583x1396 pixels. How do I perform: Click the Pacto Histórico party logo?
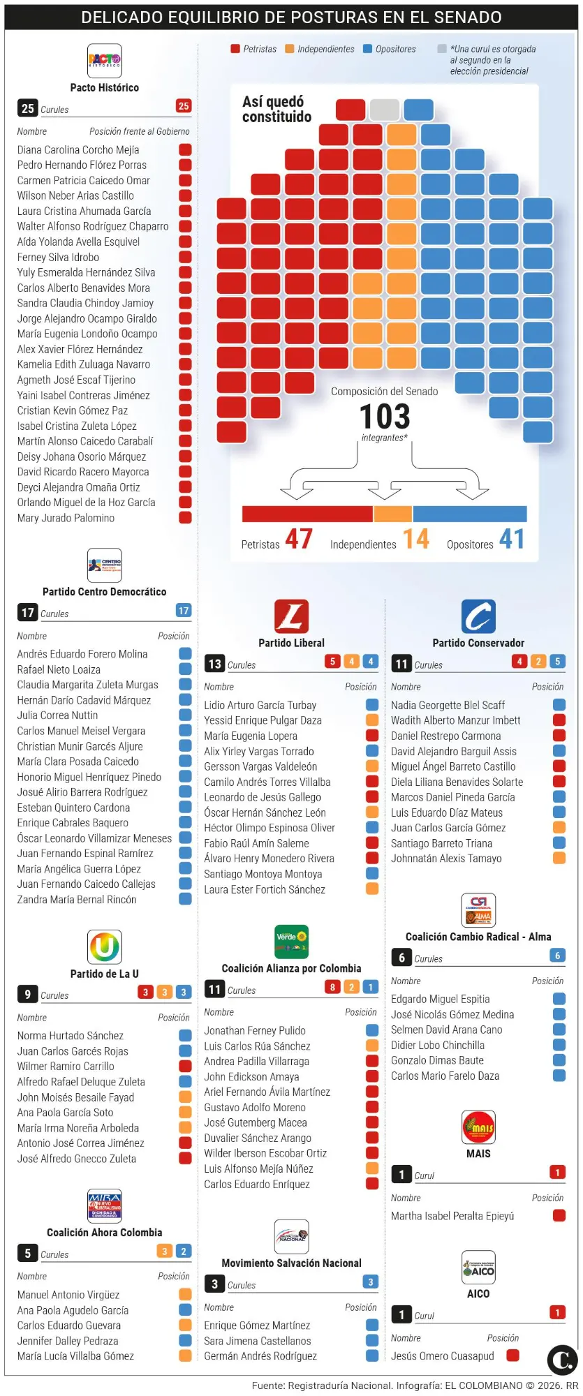(x=104, y=61)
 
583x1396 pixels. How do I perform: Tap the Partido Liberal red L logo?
(x=291, y=616)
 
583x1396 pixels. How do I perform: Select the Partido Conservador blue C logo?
(x=478, y=616)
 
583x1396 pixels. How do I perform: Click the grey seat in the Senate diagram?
(x=384, y=110)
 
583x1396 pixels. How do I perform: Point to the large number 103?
(x=385, y=417)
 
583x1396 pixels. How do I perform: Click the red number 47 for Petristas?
(x=299, y=539)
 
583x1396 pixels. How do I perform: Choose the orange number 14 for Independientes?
(x=415, y=539)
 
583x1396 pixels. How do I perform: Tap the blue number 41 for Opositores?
(x=512, y=539)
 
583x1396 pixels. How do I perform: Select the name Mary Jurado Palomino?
(x=66, y=518)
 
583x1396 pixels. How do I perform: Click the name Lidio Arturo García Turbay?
(x=260, y=705)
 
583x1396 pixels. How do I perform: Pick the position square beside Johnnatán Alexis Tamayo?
(x=559, y=859)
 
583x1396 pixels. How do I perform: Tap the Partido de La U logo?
(x=105, y=947)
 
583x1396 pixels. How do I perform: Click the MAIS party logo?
(x=478, y=1127)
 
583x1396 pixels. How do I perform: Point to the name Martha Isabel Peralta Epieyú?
(x=452, y=1216)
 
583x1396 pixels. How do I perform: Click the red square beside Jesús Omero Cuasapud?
(x=512, y=1356)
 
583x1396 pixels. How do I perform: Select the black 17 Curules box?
(x=27, y=613)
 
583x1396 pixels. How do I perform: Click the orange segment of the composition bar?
(x=393, y=514)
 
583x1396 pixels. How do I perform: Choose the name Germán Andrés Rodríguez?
(x=260, y=1356)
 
